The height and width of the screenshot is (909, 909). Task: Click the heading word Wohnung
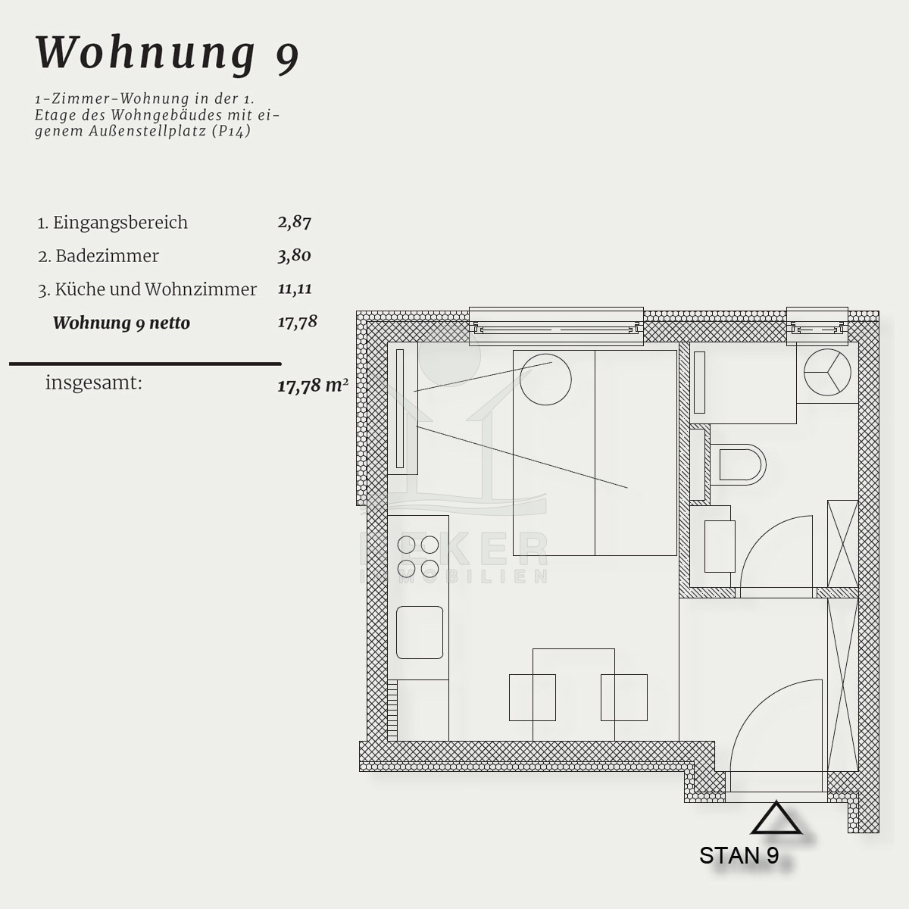point(146,53)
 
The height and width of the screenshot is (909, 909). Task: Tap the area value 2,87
point(295,222)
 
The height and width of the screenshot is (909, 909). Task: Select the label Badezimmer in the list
point(107,256)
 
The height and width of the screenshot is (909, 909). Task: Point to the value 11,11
point(295,289)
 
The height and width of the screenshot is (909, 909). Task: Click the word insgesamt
point(93,383)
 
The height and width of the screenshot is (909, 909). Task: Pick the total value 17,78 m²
point(313,386)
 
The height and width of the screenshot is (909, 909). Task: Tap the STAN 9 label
point(739,855)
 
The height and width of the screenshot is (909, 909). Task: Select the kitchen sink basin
point(420,632)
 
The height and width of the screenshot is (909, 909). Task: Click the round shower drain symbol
point(827,372)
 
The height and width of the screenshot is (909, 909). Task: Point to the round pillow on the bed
point(545,380)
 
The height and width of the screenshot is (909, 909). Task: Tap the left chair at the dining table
point(532,697)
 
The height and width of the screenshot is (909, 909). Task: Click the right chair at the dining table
point(623,697)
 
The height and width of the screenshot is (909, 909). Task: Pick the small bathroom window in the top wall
point(817,326)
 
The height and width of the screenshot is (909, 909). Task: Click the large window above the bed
point(556,326)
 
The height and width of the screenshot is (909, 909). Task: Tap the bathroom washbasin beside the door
point(720,546)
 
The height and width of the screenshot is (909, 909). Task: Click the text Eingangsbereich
point(120,223)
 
